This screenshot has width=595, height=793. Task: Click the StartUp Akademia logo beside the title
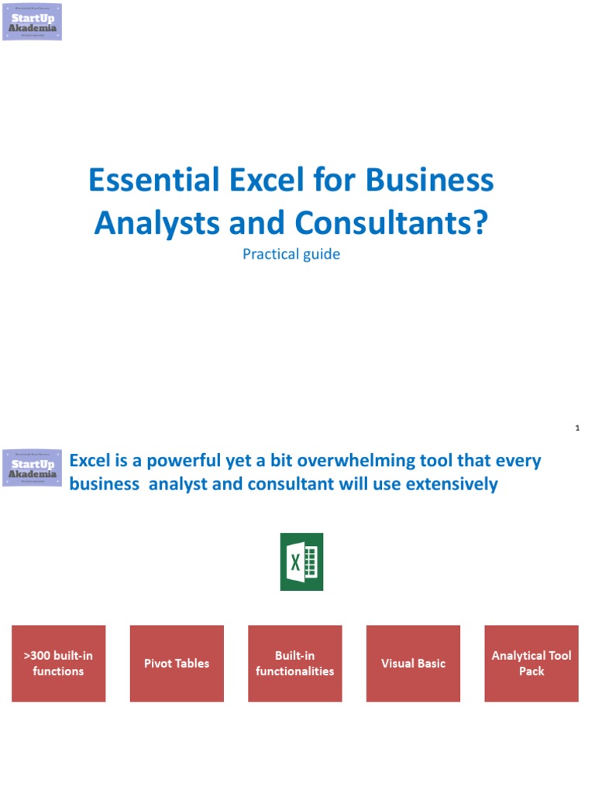point(32,22)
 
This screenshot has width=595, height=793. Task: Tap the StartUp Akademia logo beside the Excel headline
point(32,468)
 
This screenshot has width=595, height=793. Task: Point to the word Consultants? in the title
point(392,223)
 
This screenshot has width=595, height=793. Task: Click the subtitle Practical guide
point(291,254)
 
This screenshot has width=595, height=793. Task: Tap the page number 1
point(578,427)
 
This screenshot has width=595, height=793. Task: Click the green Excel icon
point(301,561)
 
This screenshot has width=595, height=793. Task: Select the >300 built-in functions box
point(58,664)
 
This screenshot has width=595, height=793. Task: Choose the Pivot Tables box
point(177,664)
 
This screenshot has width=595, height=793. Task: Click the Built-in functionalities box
point(295,664)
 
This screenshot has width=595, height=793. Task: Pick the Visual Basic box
point(413,664)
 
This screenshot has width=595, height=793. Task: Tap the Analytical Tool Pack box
point(531,664)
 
